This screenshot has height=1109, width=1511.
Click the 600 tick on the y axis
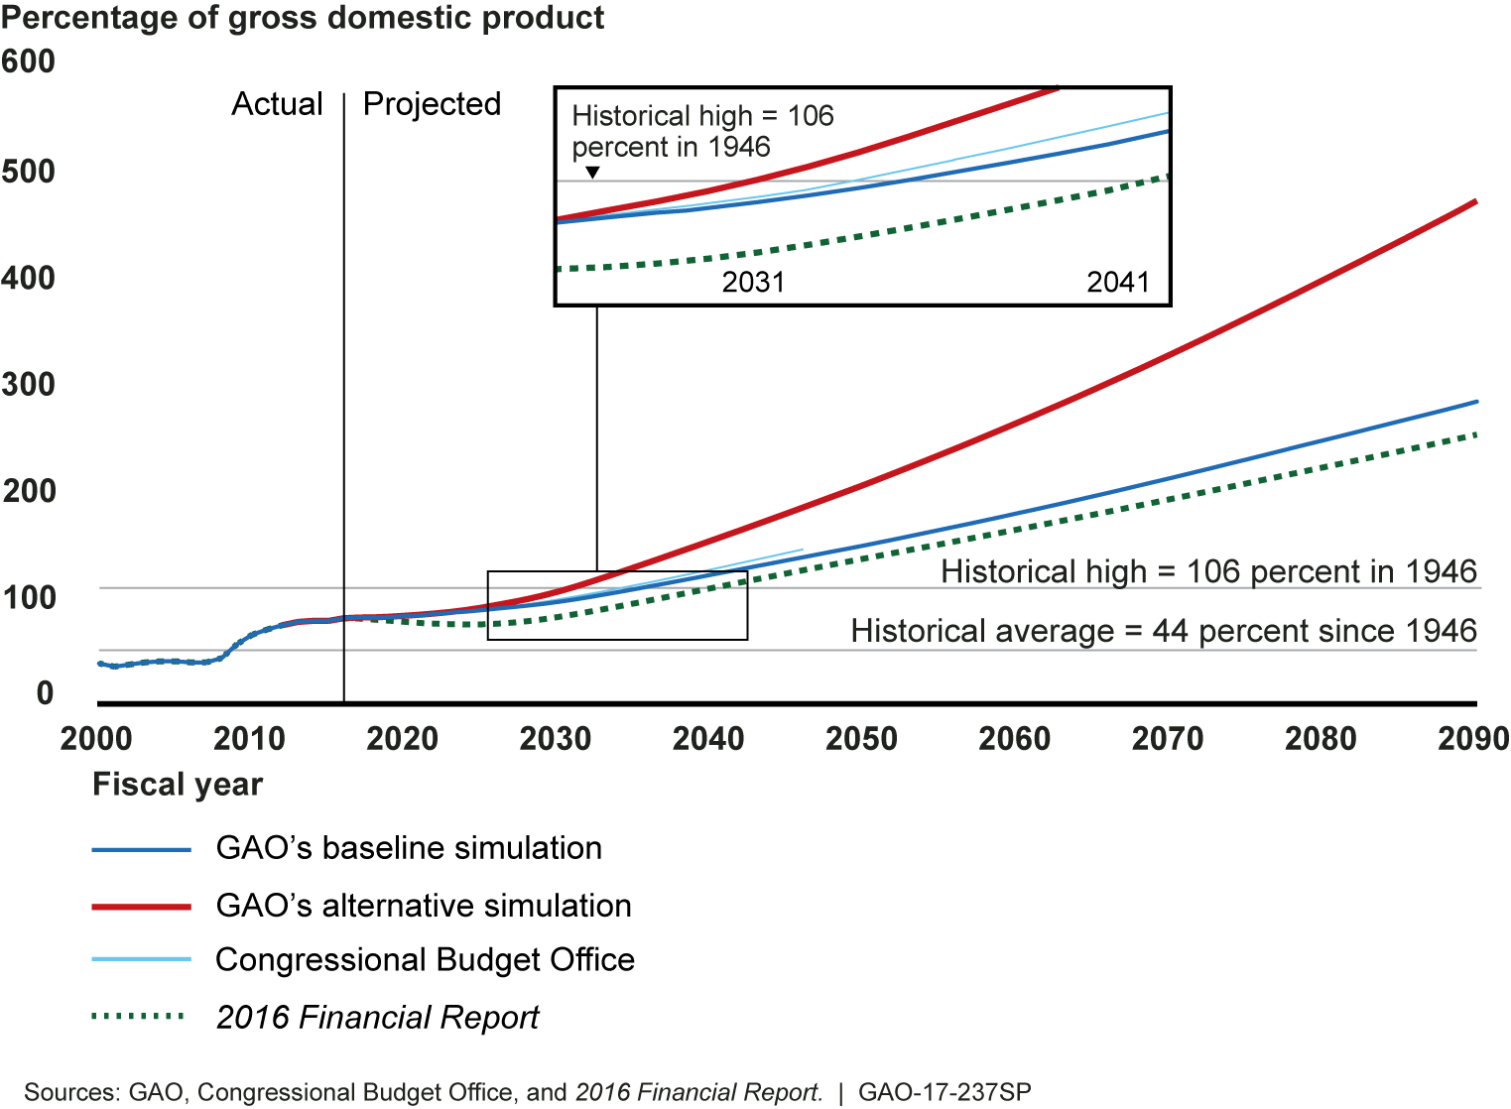[x=28, y=62]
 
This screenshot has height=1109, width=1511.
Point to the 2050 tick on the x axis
[x=861, y=739]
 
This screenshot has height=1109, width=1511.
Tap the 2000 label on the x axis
[x=96, y=739]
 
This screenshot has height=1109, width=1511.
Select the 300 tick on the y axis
[x=28, y=384]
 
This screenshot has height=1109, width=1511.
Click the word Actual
[x=277, y=104]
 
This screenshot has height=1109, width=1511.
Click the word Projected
[x=432, y=104]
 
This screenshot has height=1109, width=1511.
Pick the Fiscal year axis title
[x=177, y=785]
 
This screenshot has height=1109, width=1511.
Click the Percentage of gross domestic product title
[x=303, y=18]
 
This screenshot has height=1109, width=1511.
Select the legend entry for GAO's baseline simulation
[x=409, y=848]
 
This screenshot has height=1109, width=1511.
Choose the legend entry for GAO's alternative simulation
[x=424, y=906]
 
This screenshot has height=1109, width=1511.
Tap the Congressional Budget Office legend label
[x=425, y=960]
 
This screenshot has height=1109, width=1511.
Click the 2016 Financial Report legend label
[x=377, y=1018]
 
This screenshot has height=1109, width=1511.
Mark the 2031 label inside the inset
[x=753, y=283]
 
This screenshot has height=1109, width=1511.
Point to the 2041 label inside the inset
[x=1117, y=283]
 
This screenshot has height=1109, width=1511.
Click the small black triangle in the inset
[x=592, y=173]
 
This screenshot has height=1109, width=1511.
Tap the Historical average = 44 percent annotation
[x=1163, y=631]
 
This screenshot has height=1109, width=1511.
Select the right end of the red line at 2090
[x=1476, y=202]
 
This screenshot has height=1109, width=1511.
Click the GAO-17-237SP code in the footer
[x=944, y=1092]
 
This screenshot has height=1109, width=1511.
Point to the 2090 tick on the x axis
[x=1473, y=739]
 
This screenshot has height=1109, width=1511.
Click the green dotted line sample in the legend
[x=139, y=1017]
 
